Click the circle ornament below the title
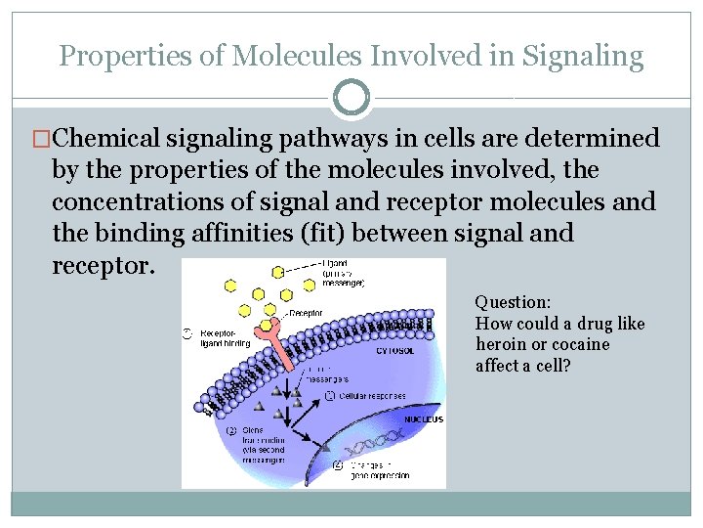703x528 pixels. point(351,98)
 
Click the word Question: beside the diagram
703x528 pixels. point(513,303)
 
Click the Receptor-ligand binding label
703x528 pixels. point(225,338)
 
